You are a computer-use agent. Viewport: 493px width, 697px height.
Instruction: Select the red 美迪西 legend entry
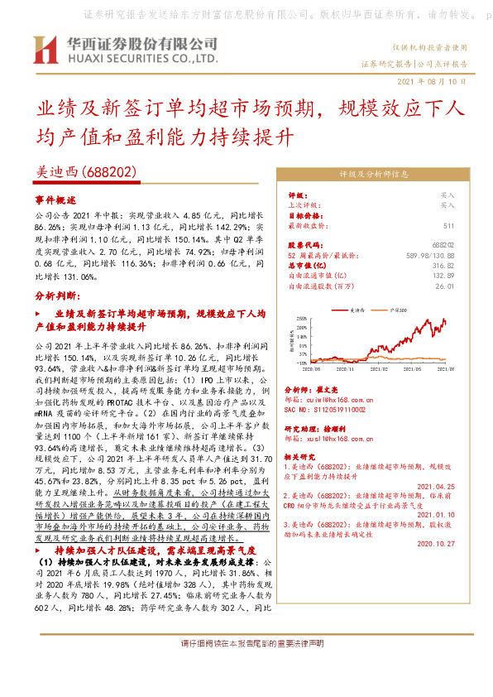click(x=357, y=308)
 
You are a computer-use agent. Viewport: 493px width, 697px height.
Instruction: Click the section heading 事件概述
click(x=56, y=201)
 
